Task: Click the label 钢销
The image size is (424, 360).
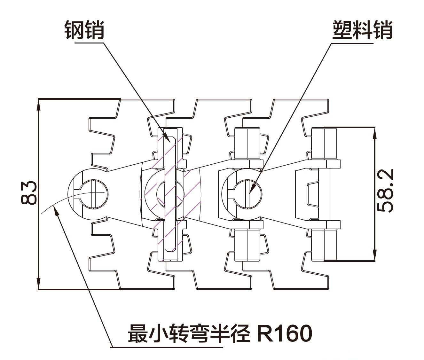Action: tap(84, 30)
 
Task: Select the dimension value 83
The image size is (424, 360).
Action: tap(29, 193)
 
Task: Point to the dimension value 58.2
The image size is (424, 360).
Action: tap(385, 191)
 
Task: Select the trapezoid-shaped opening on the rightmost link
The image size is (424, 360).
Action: tap(313, 194)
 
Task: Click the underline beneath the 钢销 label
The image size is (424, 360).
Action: tap(90, 43)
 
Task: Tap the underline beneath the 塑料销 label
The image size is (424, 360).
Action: tap(352, 43)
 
